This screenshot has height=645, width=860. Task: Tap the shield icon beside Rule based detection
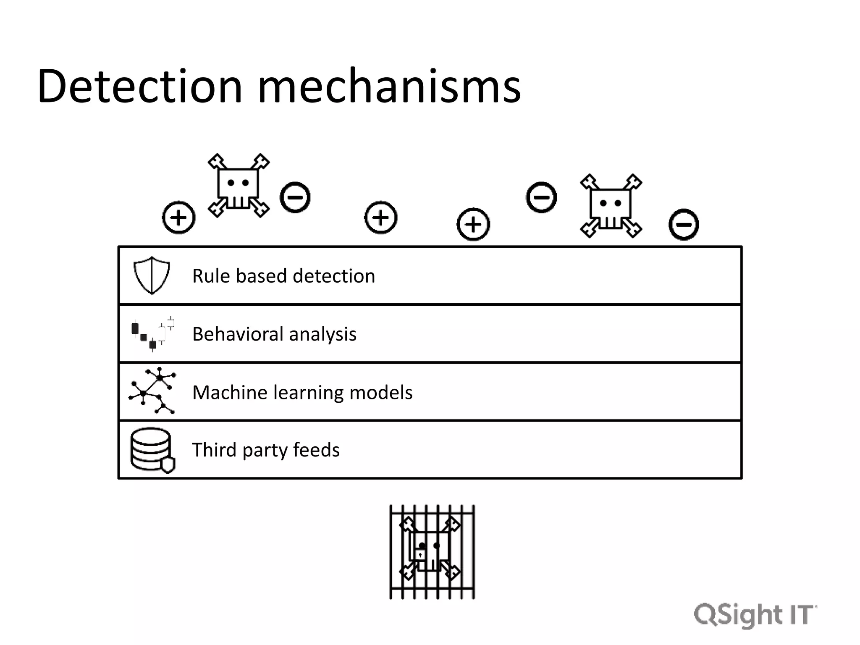(x=152, y=275)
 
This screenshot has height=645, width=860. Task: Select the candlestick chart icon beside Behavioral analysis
(x=152, y=334)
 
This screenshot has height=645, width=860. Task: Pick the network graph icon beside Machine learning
(x=152, y=391)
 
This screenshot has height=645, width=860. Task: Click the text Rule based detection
(x=283, y=276)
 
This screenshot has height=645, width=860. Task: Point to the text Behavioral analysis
(x=274, y=334)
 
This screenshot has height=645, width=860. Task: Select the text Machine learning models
(x=302, y=392)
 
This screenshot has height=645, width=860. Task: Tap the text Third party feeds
(x=266, y=450)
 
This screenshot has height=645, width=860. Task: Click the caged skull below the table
(x=432, y=552)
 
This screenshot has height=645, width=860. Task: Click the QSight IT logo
(x=755, y=615)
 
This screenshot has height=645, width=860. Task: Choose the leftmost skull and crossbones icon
(x=239, y=185)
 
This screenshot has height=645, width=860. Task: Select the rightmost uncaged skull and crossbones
(x=611, y=206)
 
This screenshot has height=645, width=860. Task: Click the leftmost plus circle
(x=179, y=218)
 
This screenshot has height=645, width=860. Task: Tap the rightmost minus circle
(x=684, y=224)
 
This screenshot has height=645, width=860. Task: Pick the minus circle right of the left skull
(x=295, y=197)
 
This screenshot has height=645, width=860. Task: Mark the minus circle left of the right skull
(x=541, y=197)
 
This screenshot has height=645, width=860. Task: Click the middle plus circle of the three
(x=381, y=218)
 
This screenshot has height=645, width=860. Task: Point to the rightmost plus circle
(x=473, y=224)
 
